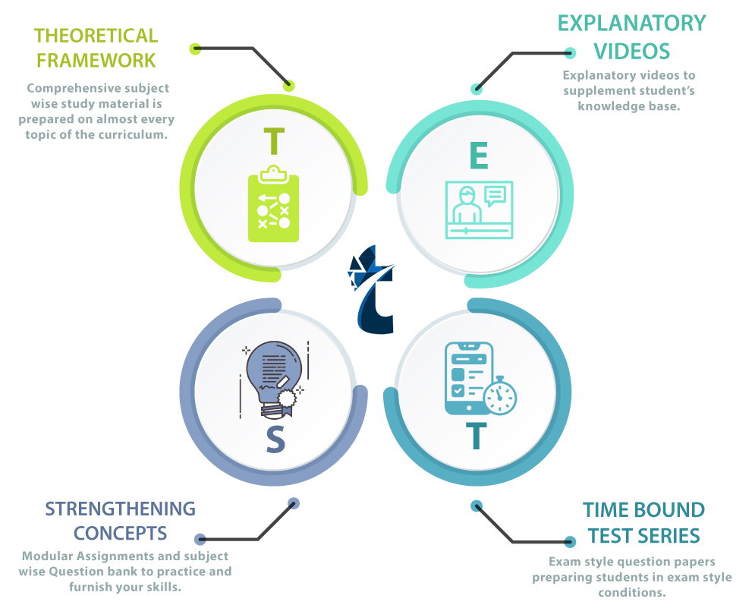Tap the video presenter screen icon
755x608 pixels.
point(479,209)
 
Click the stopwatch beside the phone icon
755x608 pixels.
point(499,395)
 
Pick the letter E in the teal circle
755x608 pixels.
point(479,155)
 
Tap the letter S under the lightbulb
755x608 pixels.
point(275,440)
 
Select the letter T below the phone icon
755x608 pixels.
point(476,436)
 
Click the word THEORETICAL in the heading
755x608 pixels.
point(96,36)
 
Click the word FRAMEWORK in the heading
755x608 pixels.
point(96,59)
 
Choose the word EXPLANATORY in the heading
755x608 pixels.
point(631,23)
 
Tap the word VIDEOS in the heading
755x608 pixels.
point(631,51)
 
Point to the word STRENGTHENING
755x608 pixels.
point(121,509)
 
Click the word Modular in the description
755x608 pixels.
point(46,556)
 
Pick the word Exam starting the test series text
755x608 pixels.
point(564,562)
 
